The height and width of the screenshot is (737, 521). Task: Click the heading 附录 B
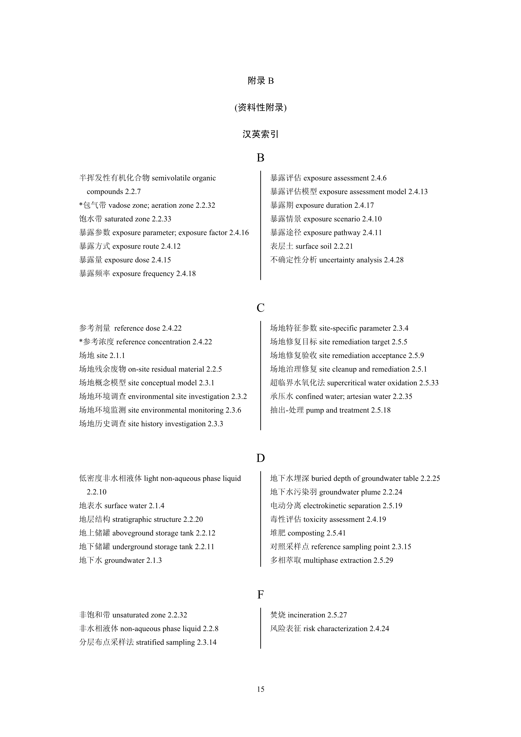tap(260, 81)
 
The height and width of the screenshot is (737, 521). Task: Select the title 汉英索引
tap(260, 134)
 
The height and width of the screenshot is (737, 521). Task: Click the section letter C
tap(260, 308)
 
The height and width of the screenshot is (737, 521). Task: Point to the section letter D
tap(260, 458)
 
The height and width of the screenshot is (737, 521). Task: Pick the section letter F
tap(260, 595)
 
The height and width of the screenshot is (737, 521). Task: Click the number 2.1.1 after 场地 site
tap(117, 356)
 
